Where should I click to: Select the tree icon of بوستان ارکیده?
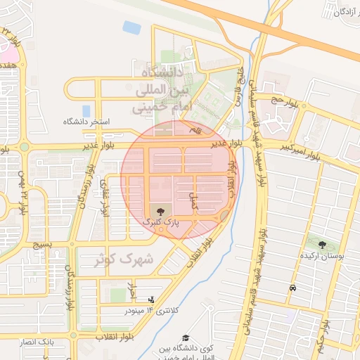coord(322,245)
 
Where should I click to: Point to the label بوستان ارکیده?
coord(322,257)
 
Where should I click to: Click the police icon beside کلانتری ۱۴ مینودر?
coord(151,299)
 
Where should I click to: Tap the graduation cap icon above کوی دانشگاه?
coord(186,338)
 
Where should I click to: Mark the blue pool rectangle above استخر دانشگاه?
coord(86,110)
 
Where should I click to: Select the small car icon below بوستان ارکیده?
coord(292,288)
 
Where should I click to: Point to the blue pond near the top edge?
coord(131,27)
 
